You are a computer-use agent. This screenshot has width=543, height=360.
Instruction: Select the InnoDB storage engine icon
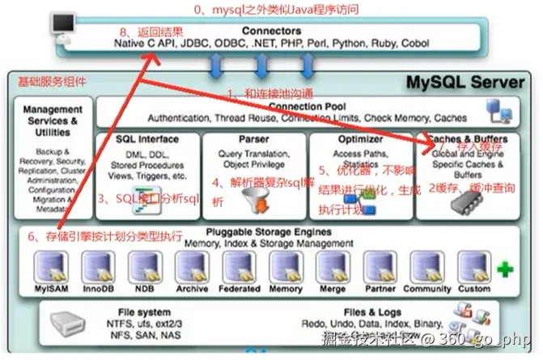[98, 266]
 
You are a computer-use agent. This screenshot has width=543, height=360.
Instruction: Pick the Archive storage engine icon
[192, 266]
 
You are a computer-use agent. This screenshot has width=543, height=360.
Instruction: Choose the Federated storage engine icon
[239, 266]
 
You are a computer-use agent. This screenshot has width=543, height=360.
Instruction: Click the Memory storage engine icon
[285, 266]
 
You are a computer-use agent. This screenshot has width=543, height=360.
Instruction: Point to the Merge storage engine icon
[332, 266]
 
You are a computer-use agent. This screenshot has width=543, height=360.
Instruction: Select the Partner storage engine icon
[379, 266]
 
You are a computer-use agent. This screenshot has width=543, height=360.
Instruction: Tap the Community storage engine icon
[426, 266]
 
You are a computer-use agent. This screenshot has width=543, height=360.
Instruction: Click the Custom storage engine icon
[473, 266]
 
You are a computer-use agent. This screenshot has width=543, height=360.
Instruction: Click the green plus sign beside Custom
[505, 270]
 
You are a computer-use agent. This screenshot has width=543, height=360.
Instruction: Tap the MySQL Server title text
[469, 82]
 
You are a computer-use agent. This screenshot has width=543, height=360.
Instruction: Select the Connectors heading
[270, 32]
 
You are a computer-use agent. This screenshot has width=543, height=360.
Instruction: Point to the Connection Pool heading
[307, 106]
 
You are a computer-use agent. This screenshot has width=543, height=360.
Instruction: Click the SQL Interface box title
[146, 139]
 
